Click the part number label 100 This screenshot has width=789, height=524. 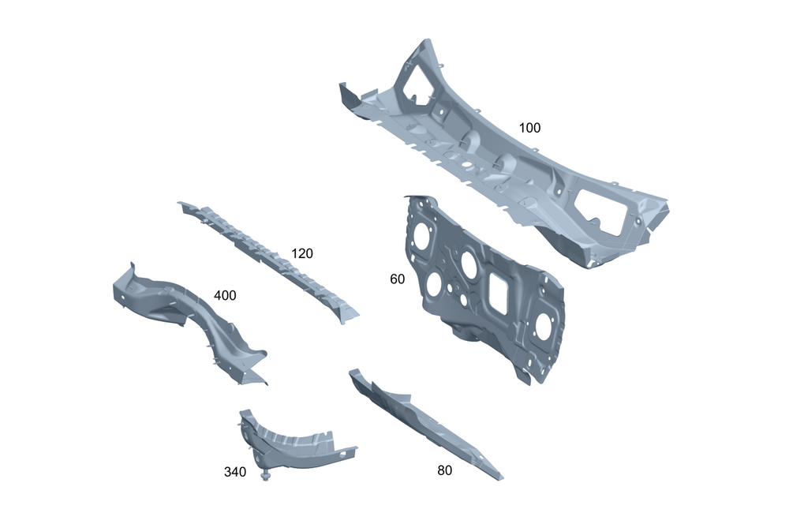click(529, 128)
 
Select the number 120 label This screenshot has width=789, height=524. click(302, 253)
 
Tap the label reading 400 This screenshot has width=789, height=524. click(225, 295)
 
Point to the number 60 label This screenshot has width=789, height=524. click(397, 279)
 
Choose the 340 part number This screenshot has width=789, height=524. click(235, 472)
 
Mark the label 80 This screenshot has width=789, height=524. click(444, 470)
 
